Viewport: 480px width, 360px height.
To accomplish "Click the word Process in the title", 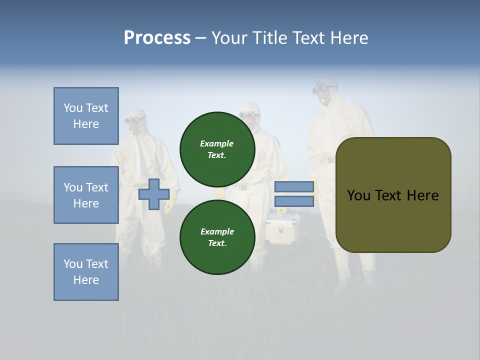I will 157,38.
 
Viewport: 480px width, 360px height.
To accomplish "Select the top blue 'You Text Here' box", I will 86,116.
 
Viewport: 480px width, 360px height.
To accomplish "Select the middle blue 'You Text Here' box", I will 86,195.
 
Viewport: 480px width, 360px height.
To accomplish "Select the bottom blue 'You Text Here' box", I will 86,272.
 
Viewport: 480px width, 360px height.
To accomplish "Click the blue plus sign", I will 154,194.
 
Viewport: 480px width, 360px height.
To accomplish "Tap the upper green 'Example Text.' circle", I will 217,149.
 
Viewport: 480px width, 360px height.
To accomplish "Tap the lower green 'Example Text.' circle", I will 217,237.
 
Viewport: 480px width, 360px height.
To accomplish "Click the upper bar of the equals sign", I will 294,187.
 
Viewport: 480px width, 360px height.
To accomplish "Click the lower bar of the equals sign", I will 294,201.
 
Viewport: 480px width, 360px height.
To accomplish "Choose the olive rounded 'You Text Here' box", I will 393,195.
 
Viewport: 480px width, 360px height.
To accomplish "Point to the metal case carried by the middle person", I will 281,227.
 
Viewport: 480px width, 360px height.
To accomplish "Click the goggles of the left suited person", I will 134,120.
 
